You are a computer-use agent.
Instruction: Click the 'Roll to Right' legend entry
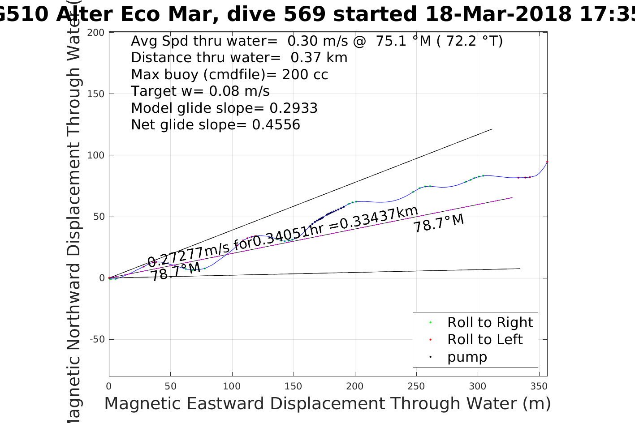(x=490, y=322)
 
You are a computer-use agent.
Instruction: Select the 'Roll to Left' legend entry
(x=484, y=339)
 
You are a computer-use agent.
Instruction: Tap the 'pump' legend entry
(x=467, y=357)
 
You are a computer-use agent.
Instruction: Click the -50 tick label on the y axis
(x=97, y=339)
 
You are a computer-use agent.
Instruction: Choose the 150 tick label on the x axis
(x=294, y=386)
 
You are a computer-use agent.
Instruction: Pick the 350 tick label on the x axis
(x=539, y=386)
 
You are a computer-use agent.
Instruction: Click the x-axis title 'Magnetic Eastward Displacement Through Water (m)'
(x=327, y=404)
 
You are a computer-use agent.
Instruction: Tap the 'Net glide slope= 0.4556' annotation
(x=215, y=125)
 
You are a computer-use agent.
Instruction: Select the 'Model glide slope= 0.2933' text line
(x=224, y=108)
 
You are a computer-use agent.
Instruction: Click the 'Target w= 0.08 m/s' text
(x=200, y=91)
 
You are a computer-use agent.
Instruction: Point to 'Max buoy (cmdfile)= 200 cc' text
(x=229, y=75)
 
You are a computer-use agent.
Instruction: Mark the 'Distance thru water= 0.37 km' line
(x=239, y=58)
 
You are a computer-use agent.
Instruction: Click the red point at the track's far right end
(x=547, y=162)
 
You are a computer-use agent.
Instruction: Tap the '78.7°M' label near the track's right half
(x=438, y=223)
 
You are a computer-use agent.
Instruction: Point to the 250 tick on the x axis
(x=416, y=386)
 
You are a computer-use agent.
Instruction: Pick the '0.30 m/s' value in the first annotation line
(x=317, y=41)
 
